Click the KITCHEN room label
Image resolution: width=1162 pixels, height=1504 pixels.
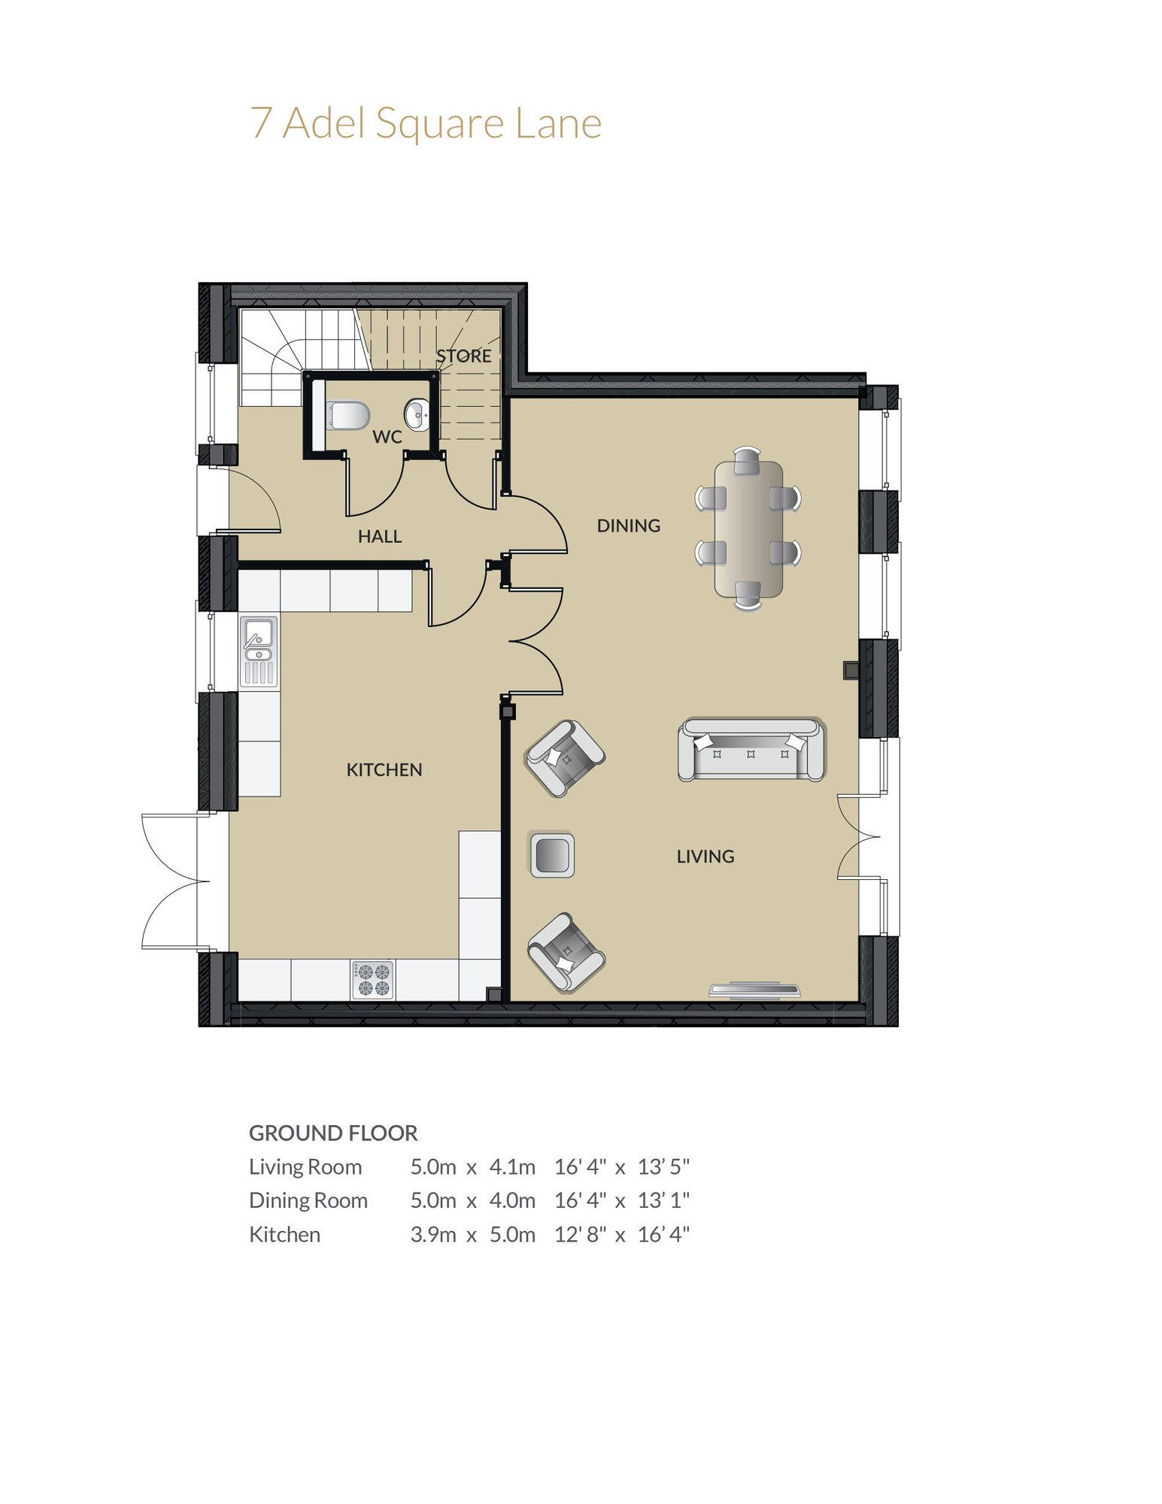pos(384,769)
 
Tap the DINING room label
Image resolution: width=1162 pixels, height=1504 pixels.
pos(628,526)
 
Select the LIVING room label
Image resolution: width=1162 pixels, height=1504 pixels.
pos(705,856)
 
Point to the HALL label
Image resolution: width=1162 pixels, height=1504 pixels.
pos(379,536)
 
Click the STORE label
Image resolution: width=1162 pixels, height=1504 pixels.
pos(463,356)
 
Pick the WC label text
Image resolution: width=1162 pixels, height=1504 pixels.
pos(387,437)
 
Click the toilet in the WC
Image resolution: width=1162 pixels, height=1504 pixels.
pos(347,415)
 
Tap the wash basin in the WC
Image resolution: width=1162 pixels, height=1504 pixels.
pos(417,414)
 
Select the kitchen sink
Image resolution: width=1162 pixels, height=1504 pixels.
pos(259,651)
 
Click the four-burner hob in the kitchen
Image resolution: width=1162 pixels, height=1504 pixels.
pos(373,979)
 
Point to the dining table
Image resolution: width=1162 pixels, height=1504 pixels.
pos(748,529)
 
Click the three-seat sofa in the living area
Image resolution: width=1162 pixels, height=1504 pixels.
pos(751,750)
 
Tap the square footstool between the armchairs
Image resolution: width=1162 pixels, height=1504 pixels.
pos(552,855)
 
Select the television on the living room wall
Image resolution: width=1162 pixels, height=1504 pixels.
pos(754,990)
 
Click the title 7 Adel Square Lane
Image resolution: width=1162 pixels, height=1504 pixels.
pos(426,123)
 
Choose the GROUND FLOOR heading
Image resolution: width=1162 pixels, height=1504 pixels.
pos(333,1133)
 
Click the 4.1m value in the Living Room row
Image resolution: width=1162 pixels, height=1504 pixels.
pos(512,1166)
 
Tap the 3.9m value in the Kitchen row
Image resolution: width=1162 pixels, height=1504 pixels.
pos(433,1234)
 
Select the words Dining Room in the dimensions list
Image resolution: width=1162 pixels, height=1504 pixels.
pos(308,1200)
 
